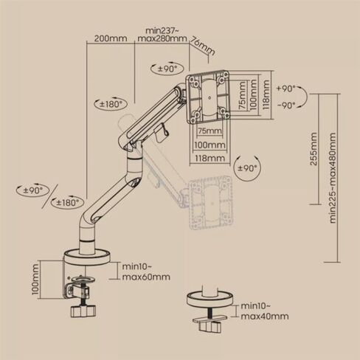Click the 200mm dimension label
(x=111, y=38)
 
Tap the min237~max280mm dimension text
(x=162, y=35)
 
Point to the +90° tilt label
(x=285, y=89)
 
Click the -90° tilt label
(x=286, y=105)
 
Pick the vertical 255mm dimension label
(x=314, y=149)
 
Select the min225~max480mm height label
(x=333, y=178)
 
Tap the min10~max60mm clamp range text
(x=146, y=271)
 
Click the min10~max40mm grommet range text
(x=265, y=311)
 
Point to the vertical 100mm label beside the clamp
(x=35, y=280)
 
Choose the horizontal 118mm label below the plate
(x=210, y=158)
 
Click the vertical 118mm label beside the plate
(x=266, y=95)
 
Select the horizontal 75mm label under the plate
(x=210, y=131)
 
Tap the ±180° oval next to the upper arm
(x=111, y=104)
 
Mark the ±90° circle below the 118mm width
(x=247, y=168)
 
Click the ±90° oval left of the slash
(x=32, y=190)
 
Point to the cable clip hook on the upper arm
(x=162, y=133)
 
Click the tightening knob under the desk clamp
(x=83, y=311)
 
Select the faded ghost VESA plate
(x=211, y=203)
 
